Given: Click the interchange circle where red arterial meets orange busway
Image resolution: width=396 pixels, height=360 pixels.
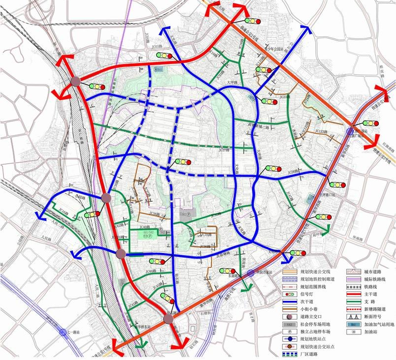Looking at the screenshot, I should (x=168, y=320).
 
